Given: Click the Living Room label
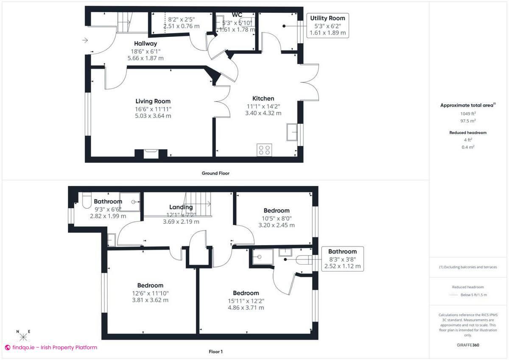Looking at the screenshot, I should (153, 101).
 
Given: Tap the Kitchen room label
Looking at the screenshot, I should (263, 98).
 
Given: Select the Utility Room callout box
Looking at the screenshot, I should (327, 25).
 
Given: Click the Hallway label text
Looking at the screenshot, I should (145, 44).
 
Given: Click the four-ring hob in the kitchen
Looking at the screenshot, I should (265, 150).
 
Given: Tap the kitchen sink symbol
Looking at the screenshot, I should (293, 132).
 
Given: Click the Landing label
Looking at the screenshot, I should (181, 207).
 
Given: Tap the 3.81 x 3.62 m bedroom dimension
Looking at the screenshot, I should (150, 300).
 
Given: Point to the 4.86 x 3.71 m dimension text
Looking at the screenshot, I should (246, 307).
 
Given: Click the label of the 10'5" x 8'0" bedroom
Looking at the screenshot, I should (277, 211).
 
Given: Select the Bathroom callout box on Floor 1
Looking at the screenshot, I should (342, 259).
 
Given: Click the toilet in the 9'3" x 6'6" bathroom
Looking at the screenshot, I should (86, 201).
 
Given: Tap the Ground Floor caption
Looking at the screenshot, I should (216, 173).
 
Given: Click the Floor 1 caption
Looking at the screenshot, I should (215, 352).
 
